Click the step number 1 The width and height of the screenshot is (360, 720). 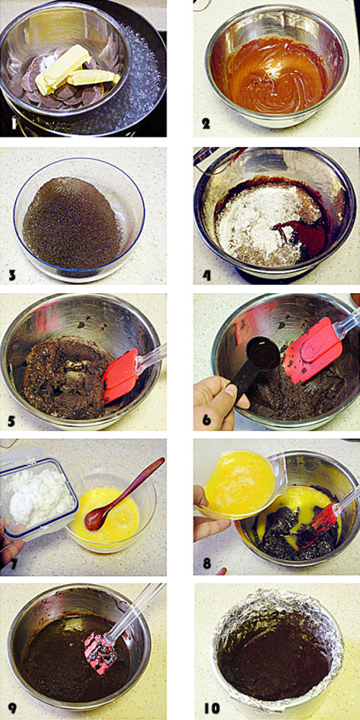(x=14, y=124)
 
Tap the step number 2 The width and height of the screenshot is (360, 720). (x=206, y=123)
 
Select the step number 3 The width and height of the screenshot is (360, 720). (x=13, y=276)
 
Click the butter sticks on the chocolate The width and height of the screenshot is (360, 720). (x=76, y=71)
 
